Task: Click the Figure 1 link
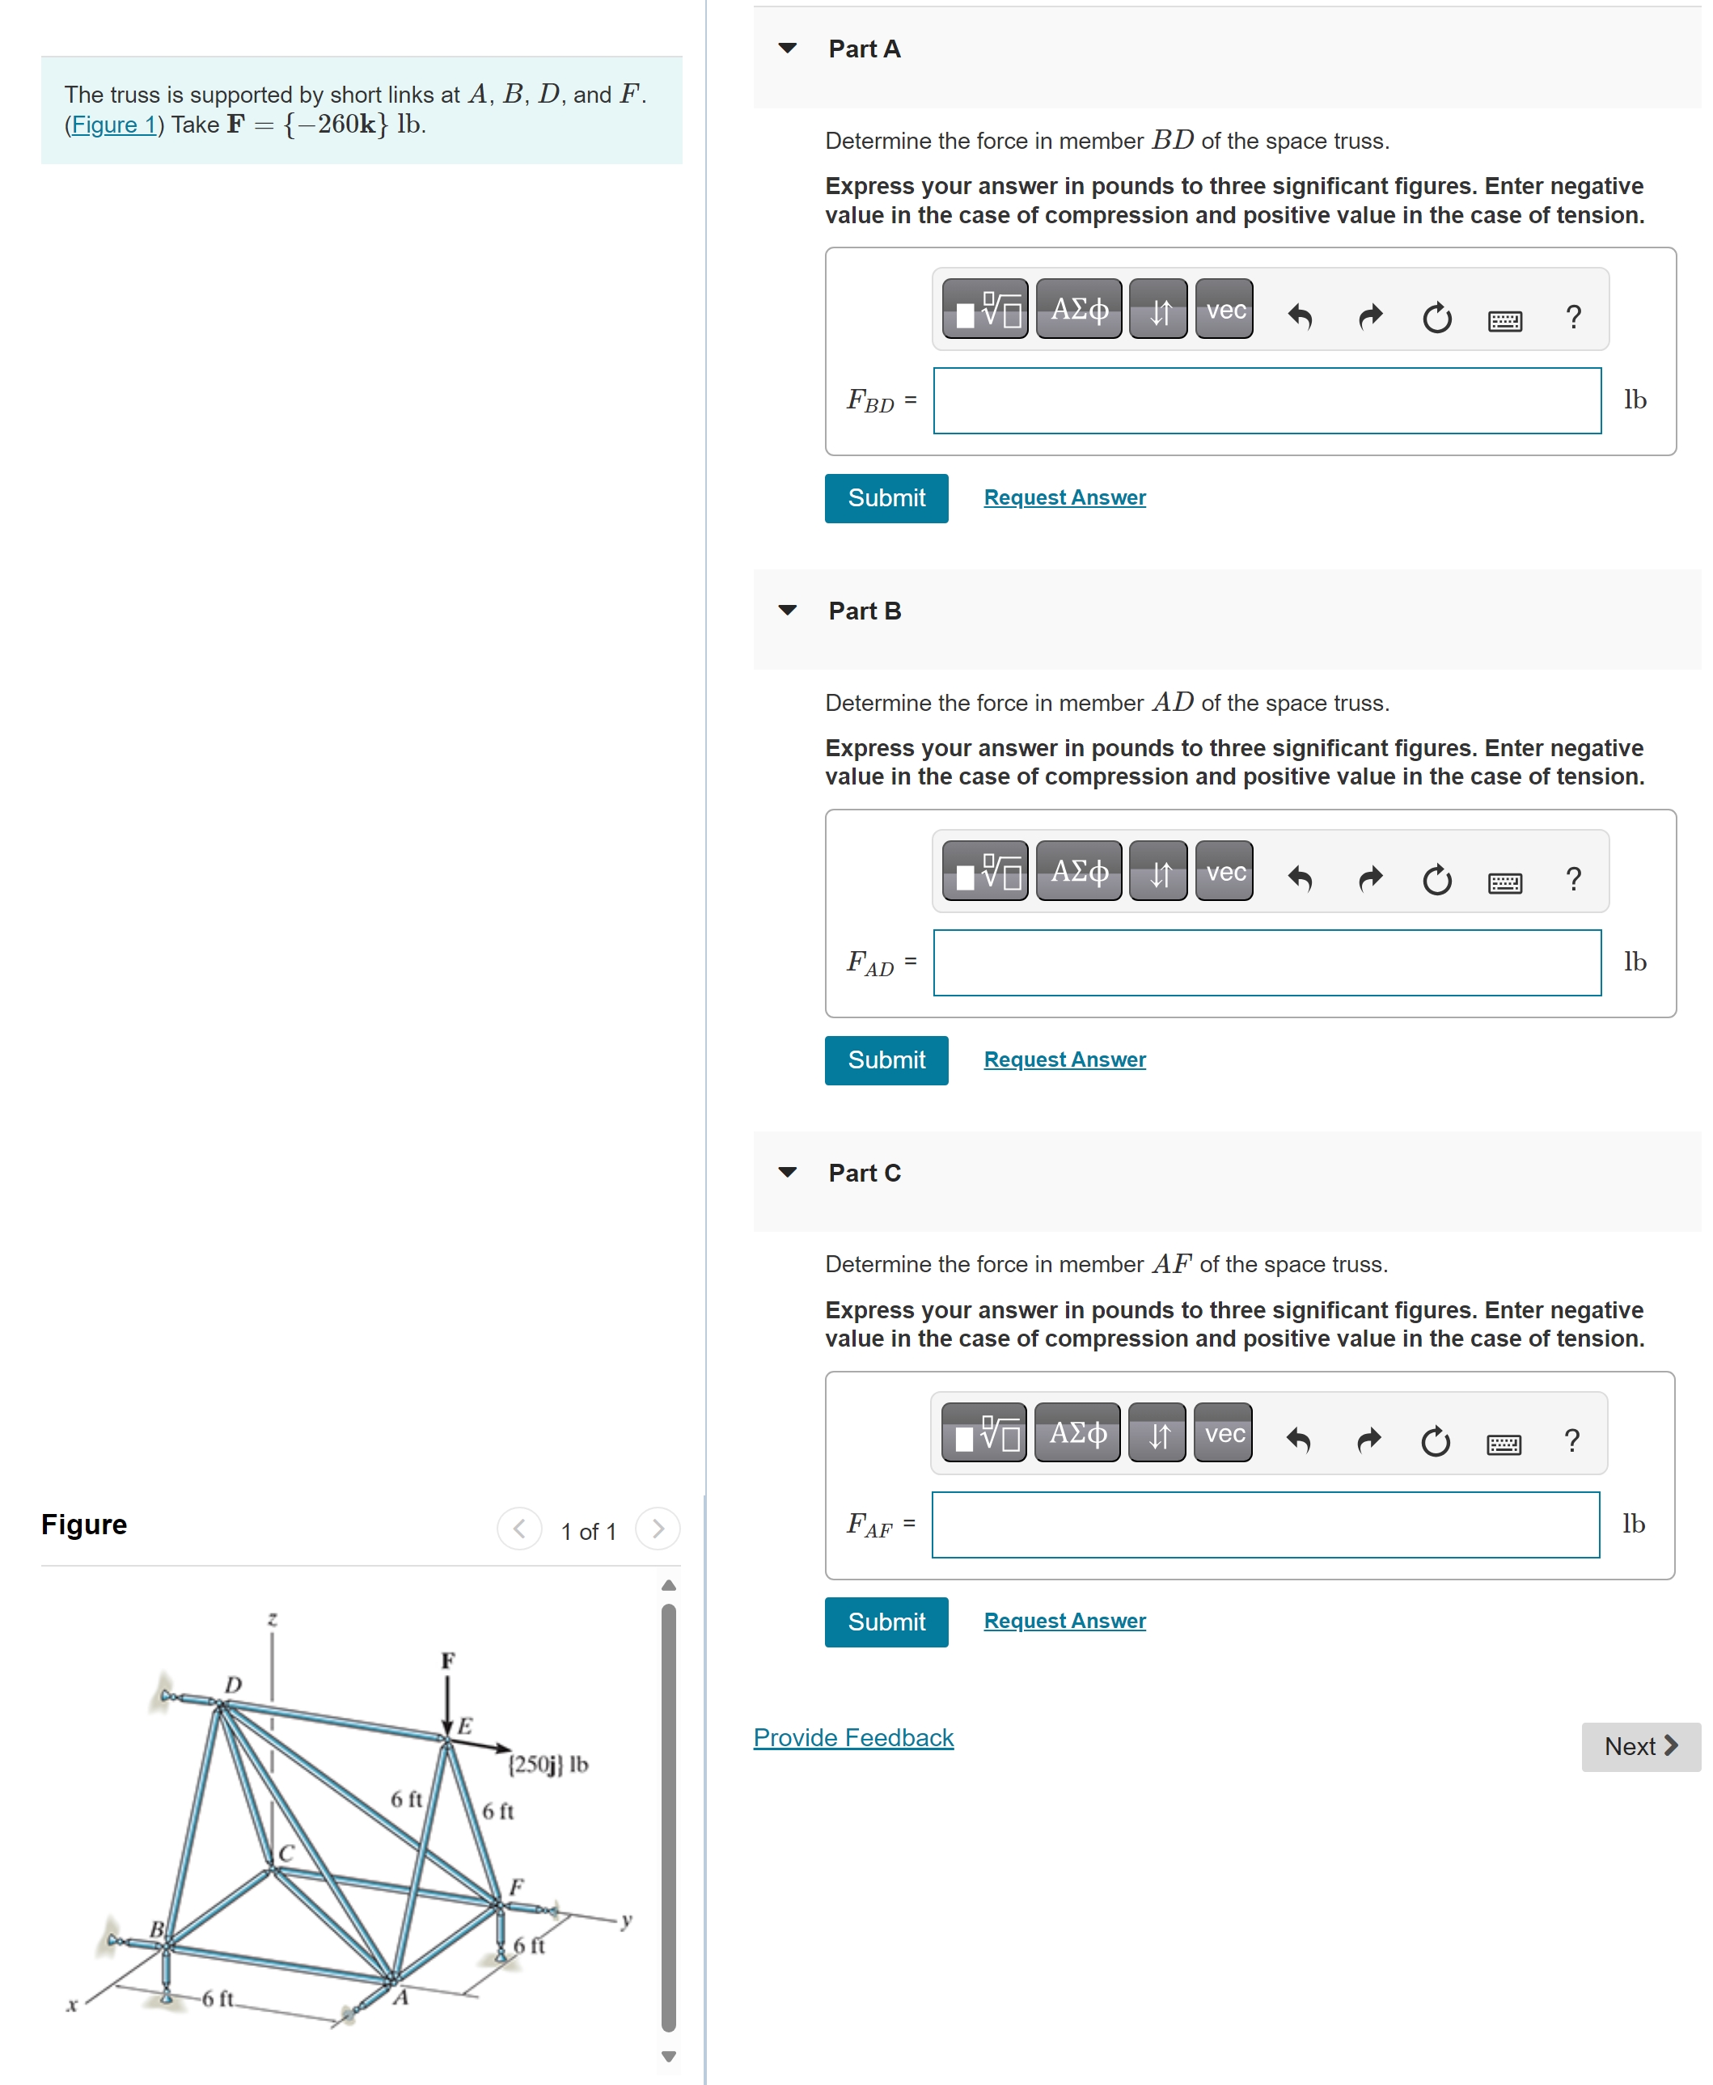tap(112, 125)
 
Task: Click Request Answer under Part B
tap(1064, 1059)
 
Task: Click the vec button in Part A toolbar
tap(1224, 310)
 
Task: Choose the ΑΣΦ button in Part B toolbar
tap(1079, 870)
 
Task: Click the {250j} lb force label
tap(548, 1763)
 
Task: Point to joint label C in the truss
tap(286, 1852)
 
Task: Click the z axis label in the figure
tap(273, 1618)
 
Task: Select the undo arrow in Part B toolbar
tap(1300, 878)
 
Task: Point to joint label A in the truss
tap(400, 1998)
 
